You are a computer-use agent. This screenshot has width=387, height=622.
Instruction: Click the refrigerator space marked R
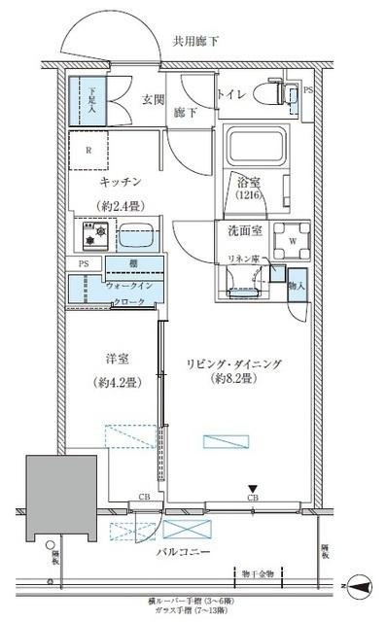coord(89,151)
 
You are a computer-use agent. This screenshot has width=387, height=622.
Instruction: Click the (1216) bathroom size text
coord(249,195)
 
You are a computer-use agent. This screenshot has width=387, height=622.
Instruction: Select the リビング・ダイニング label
coord(234,363)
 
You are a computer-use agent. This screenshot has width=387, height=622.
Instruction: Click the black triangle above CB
coord(252,489)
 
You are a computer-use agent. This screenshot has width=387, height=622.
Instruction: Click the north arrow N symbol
coord(360,587)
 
